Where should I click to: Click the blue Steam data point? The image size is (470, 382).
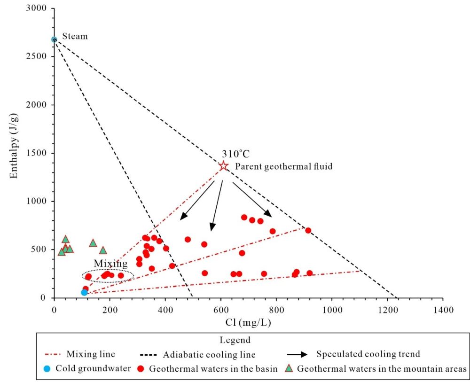click(x=54, y=40)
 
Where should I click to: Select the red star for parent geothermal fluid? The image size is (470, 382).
click(x=224, y=166)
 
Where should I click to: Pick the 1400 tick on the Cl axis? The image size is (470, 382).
click(x=442, y=310)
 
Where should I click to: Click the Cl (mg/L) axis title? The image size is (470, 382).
click(x=248, y=323)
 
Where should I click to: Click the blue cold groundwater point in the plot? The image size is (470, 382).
click(x=84, y=292)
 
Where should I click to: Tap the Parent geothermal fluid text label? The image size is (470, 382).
click(x=284, y=166)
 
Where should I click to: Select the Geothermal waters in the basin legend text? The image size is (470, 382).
click(x=212, y=369)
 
